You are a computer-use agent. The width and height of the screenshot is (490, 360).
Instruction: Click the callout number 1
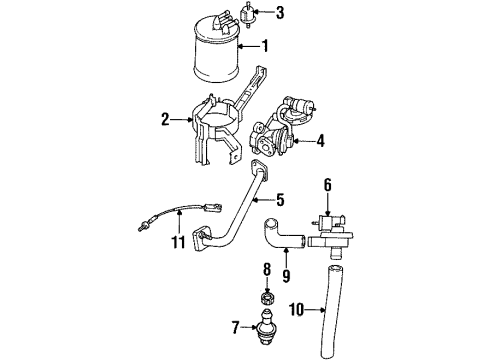click(265, 45)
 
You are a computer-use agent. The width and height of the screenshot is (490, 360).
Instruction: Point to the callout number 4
click(320, 142)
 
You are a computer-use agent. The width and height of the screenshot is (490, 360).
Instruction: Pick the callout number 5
click(281, 199)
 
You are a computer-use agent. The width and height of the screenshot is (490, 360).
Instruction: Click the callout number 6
click(327, 183)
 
